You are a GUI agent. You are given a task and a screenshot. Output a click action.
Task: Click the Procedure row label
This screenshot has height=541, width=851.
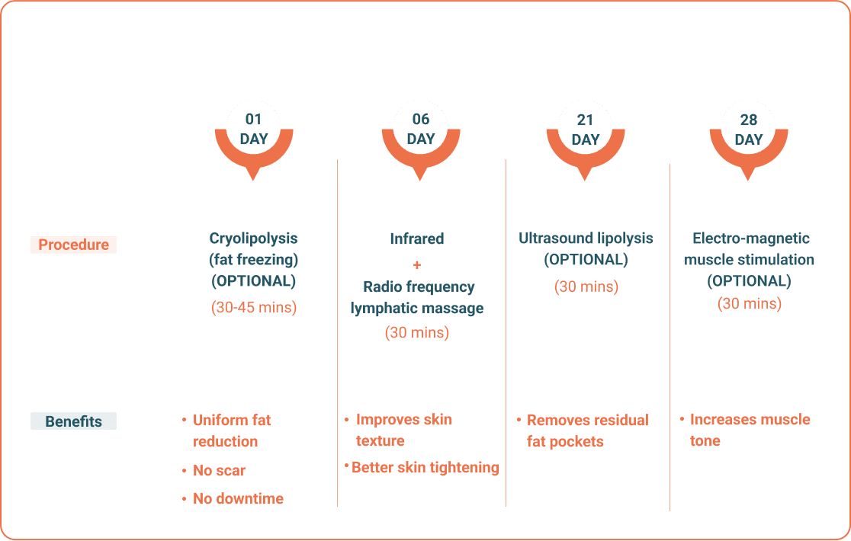click(x=73, y=245)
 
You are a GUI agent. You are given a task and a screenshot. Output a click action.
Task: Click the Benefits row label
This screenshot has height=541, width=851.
click(x=73, y=421)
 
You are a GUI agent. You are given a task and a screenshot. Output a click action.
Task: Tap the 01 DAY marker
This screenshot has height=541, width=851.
click(x=253, y=140)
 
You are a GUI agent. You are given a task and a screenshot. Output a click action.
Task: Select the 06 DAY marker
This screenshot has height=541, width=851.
click(x=421, y=140)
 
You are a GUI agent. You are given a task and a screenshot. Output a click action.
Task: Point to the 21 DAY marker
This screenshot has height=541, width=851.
click(x=585, y=140)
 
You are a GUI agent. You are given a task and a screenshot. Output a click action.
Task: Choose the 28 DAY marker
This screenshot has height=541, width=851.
click(x=748, y=140)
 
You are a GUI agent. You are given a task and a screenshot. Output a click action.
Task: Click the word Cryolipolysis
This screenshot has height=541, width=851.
click(x=253, y=238)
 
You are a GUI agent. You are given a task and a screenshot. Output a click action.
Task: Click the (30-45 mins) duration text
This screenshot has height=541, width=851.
click(x=254, y=307)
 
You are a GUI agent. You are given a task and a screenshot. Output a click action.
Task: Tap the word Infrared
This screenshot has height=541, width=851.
click(x=417, y=238)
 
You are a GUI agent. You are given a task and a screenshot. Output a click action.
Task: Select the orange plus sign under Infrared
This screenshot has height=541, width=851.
click(x=417, y=265)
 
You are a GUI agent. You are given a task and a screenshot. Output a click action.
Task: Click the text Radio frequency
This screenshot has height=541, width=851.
click(x=419, y=287)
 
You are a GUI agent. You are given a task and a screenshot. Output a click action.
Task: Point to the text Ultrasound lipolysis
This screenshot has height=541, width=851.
click(x=586, y=238)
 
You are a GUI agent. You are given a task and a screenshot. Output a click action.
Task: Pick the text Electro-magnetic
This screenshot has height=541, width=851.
click(x=750, y=238)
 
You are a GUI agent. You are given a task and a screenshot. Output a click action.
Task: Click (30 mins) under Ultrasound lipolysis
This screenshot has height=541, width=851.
click(x=586, y=287)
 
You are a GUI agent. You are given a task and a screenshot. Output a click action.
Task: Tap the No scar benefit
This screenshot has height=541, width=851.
click(x=220, y=471)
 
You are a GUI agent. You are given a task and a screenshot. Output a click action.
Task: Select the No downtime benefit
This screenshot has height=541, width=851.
click(x=238, y=499)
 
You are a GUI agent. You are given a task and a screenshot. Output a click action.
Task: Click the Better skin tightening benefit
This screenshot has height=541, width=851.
click(x=425, y=467)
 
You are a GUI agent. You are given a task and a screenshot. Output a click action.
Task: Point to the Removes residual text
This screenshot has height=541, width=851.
click(x=588, y=420)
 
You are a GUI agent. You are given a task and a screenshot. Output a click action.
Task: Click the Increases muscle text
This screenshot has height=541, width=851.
click(x=750, y=420)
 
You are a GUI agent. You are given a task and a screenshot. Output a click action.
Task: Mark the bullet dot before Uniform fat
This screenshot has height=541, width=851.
click(x=184, y=420)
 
